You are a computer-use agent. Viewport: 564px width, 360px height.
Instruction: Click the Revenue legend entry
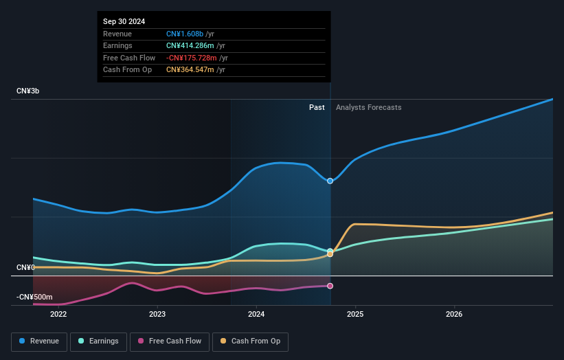tap(39, 341)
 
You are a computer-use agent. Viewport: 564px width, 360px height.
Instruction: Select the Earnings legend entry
tap(98, 341)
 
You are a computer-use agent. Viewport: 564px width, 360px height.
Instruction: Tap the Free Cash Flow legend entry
tap(170, 341)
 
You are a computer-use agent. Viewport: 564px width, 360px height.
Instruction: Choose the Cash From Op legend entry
tap(251, 341)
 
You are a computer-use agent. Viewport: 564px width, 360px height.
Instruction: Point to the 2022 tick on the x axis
tap(58, 315)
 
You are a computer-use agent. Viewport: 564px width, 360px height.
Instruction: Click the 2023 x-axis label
tap(157, 315)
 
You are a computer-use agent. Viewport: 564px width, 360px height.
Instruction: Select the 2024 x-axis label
tap(256, 315)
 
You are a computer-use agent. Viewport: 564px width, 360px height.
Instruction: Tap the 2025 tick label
tap(355, 315)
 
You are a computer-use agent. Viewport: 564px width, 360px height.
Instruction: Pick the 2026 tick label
tap(454, 315)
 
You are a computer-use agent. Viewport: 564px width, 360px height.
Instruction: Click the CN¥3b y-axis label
tap(27, 91)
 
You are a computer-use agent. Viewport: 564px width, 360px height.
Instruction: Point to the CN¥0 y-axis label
tap(25, 267)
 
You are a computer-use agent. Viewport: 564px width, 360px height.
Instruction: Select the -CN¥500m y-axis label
tap(34, 297)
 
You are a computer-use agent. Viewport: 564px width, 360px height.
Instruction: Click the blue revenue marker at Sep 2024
tap(330, 181)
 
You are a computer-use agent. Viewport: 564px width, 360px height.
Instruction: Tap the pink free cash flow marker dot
tap(330, 286)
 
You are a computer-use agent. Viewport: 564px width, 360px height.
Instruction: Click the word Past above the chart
tap(317, 107)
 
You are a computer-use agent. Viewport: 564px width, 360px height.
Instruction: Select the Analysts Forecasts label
tap(368, 107)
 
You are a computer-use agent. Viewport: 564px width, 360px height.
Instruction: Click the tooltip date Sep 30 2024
tap(124, 22)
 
